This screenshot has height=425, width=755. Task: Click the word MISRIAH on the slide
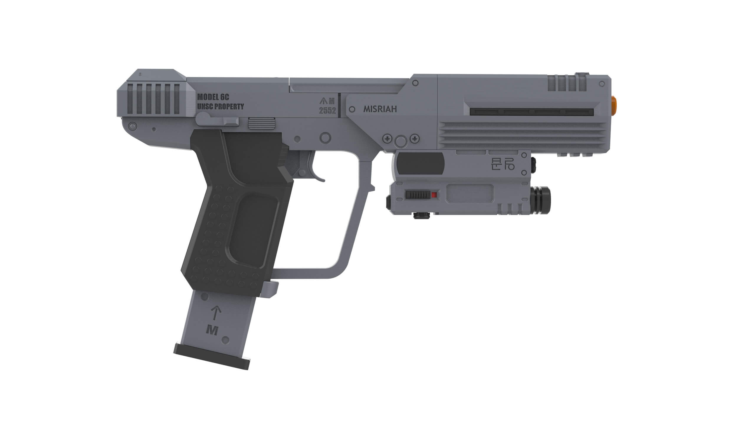pyautogui.click(x=380, y=109)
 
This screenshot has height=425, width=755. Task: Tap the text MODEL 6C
pyautogui.click(x=213, y=97)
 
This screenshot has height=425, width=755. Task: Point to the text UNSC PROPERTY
pyautogui.click(x=220, y=107)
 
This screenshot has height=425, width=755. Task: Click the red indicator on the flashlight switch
pyautogui.click(x=434, y=195)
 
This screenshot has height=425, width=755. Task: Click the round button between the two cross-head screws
pyautogui.click(x=400, y=141)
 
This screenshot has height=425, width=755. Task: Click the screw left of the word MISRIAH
pyautogui.click(x=352, y=109)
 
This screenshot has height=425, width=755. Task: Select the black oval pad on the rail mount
pyautogui.click(x=420, y=163)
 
